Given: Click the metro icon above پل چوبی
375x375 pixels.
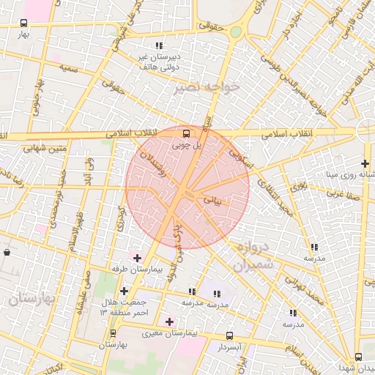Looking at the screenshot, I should pos(185,133).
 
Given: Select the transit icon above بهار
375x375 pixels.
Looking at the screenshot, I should pos(24,23).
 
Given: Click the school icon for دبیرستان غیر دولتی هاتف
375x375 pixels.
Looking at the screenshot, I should pos(159,46).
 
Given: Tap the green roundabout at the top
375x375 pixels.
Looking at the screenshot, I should pos(235,32).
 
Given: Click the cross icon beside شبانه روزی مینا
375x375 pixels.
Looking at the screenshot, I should pos(365,163).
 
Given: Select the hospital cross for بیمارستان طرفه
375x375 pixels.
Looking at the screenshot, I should pos(137,258).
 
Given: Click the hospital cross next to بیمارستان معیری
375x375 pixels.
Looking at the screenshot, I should pos(169,322).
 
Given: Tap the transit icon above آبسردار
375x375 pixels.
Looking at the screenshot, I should pos(230,335).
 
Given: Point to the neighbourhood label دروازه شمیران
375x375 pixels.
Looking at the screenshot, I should pos(253,257).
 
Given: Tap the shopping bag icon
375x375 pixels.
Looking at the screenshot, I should pos(7,253).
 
